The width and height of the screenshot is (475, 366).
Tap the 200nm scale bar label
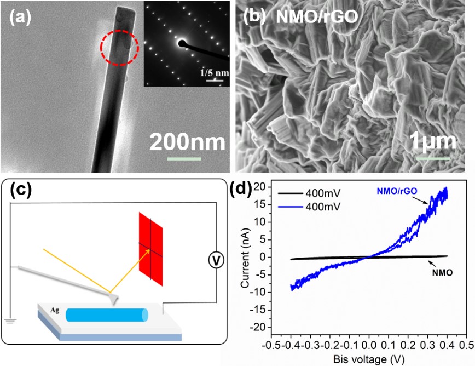(187, 141)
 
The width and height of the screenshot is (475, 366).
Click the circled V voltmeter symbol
(217, 262)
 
